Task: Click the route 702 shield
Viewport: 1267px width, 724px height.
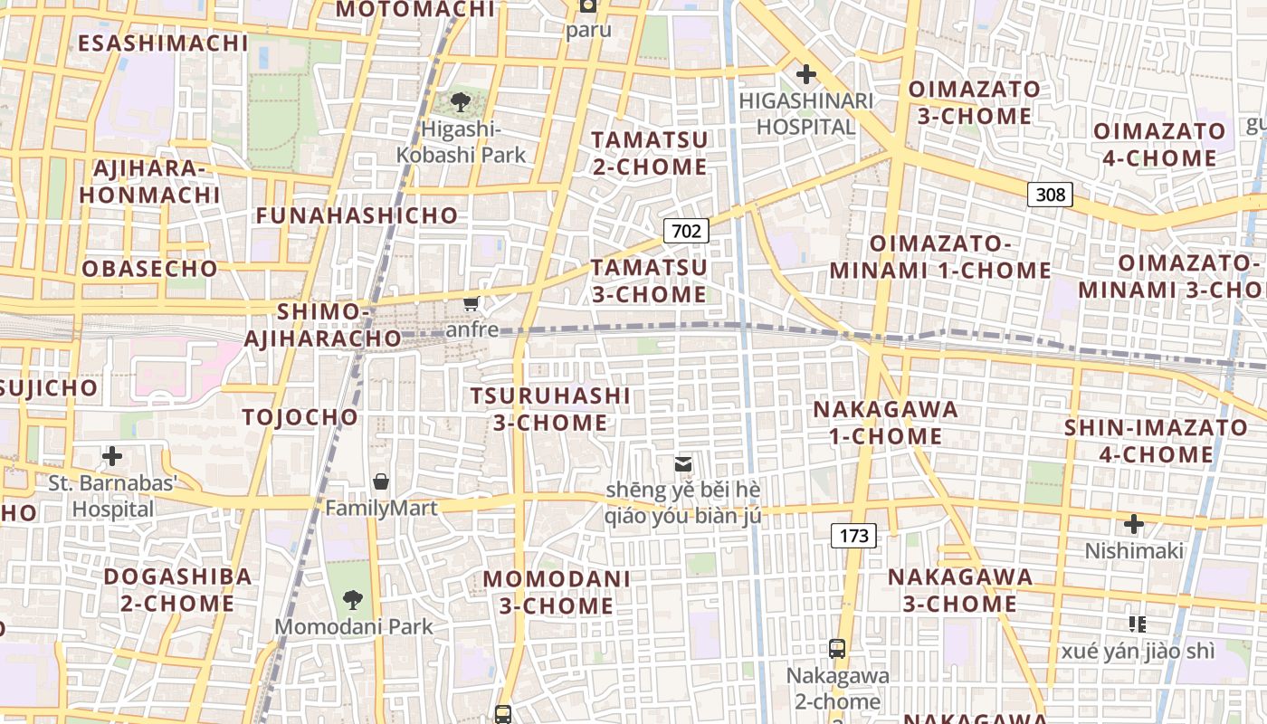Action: coord(686,231)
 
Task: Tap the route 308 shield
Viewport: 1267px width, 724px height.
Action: coord(1050,194)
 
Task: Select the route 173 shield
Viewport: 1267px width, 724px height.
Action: coord(853,536)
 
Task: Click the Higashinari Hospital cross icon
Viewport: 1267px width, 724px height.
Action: coord(805,74)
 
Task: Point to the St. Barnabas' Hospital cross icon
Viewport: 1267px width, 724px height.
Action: coord(112,456)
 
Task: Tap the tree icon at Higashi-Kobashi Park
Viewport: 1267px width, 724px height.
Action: coord(461,101)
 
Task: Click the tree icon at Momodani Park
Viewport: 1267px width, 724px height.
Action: coord(352,599)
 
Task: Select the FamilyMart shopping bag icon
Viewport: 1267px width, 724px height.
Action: coord(381,481)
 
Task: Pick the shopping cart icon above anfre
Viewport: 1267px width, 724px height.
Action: coord(472,302)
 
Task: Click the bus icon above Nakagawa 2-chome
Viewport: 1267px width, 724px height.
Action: coord(837,648)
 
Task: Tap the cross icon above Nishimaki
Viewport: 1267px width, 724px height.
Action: coord(1133,524)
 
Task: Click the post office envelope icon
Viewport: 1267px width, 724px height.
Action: coord(683,464)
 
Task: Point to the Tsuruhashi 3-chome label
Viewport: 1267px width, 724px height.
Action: coord(550,409)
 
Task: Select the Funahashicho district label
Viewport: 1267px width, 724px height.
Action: coord(357,215)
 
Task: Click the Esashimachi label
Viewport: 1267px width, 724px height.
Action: coord(163,43)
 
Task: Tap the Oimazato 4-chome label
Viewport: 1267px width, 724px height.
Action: coord(1159,145)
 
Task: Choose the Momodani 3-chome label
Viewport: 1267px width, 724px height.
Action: coord(557,592)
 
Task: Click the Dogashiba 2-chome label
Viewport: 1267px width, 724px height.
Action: coord(177,589)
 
